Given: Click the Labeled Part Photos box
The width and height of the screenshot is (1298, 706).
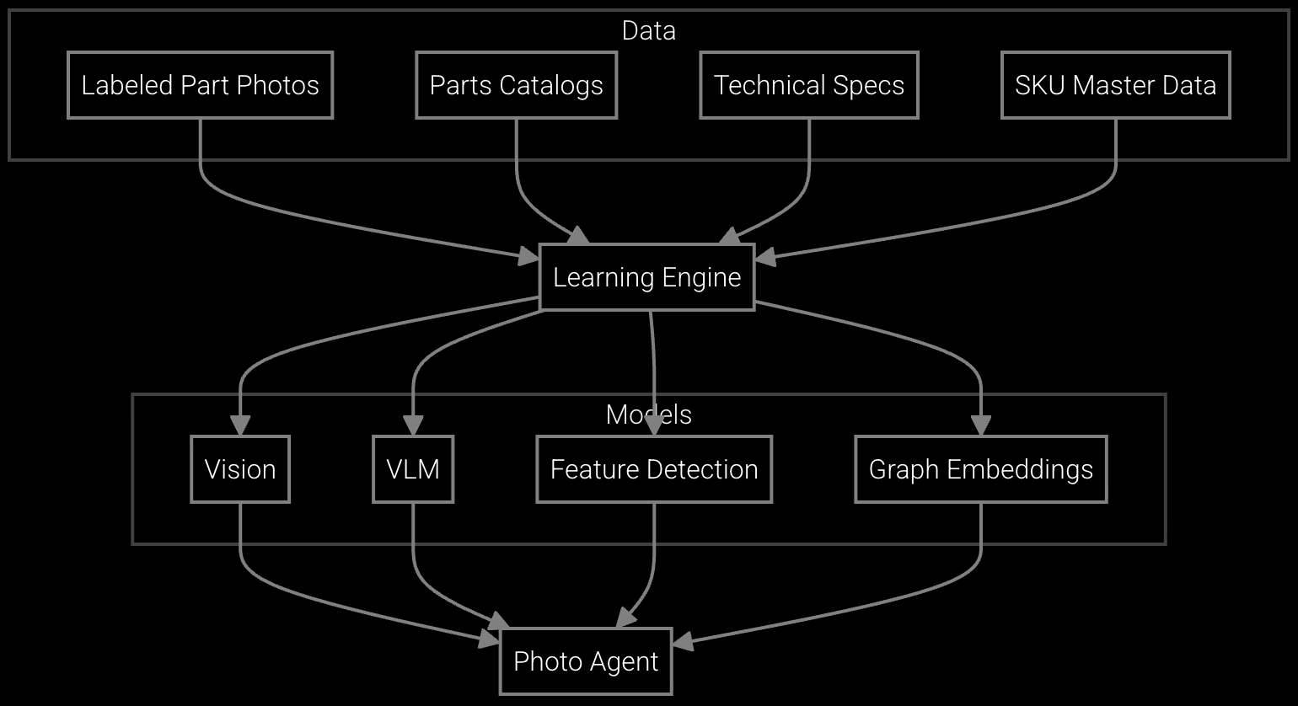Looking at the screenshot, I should (200, 85).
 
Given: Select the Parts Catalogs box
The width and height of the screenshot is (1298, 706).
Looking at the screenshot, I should (516, 85).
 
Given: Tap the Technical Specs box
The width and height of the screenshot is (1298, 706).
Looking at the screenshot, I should (808, 85).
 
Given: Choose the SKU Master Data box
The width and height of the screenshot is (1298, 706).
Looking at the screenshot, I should (1115, 85).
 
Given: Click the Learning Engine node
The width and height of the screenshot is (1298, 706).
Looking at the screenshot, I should (646, 277).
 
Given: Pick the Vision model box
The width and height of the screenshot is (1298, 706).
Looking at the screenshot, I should (240, 469).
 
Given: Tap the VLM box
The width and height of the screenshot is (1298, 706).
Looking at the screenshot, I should (413, 469).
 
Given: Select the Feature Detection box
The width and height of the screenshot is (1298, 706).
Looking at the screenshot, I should (654, 469).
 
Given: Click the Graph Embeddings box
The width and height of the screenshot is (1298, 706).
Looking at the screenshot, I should (980, 469).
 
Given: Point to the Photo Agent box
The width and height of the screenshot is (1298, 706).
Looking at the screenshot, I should (586, 661).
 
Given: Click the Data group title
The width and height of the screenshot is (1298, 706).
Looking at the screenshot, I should (648, 30).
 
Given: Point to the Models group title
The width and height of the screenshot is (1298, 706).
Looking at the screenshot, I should (648, 415).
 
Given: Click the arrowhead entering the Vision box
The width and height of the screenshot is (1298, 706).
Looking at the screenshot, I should (240, 425).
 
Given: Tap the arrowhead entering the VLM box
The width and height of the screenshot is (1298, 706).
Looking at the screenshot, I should (413, 425).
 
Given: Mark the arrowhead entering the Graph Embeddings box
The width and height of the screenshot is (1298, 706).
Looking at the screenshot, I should (980, 425).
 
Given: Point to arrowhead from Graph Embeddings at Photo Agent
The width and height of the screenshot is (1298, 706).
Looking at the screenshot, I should (683, 643).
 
